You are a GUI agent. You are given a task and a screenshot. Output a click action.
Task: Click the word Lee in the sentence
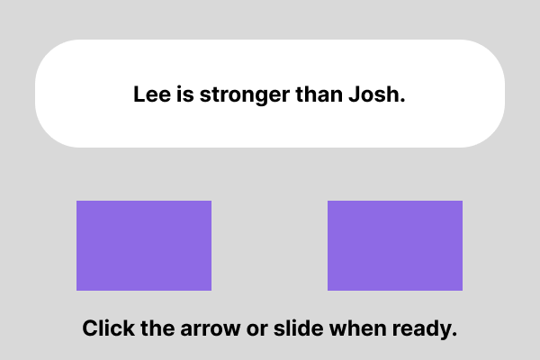(x=152, y=94)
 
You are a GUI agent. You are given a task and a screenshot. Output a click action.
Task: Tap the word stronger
(x=245, y=95)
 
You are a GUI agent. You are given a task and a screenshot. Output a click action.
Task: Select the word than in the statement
(x=319, y=94)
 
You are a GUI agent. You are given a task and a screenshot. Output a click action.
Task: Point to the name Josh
(x=374, y=94)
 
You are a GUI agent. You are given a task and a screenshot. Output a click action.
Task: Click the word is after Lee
(x=185, y=94)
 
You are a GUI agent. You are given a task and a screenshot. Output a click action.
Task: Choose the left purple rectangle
(x=144, y=246)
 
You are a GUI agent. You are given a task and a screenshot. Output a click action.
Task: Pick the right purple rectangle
(x=395, y=246)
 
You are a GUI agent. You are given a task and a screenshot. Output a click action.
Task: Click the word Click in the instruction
(x=109, y=328)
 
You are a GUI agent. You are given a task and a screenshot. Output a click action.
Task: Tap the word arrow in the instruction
(x=211, y=330)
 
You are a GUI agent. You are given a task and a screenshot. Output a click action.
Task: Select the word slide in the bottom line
(x=298, y=328)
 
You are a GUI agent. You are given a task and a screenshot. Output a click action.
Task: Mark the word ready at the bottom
(x=421, y=329)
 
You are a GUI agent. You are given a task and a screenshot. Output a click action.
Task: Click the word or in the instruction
(x=256, y=330)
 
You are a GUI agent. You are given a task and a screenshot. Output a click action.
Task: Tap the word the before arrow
(x=157, y=328)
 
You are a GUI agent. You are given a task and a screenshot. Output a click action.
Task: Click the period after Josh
(x=402, y=100)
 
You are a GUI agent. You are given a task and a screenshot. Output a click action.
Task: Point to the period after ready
(x=454, y=334)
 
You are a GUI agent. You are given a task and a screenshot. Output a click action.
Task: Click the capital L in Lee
(x=139, y=94)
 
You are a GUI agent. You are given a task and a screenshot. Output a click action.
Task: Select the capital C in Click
(x=90, y=328)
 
